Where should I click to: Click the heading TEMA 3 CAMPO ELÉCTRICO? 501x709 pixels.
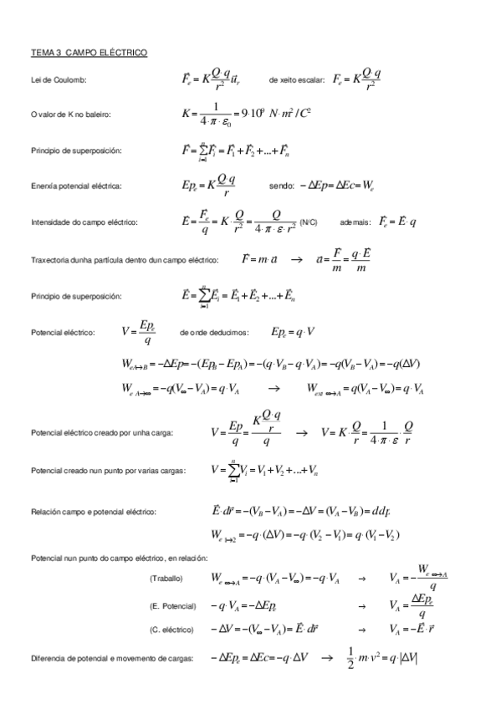[x=89, y=54]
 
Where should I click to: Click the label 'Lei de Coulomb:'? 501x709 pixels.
[x=58, y=80]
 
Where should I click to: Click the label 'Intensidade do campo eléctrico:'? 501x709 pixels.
[x=83, y=223]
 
